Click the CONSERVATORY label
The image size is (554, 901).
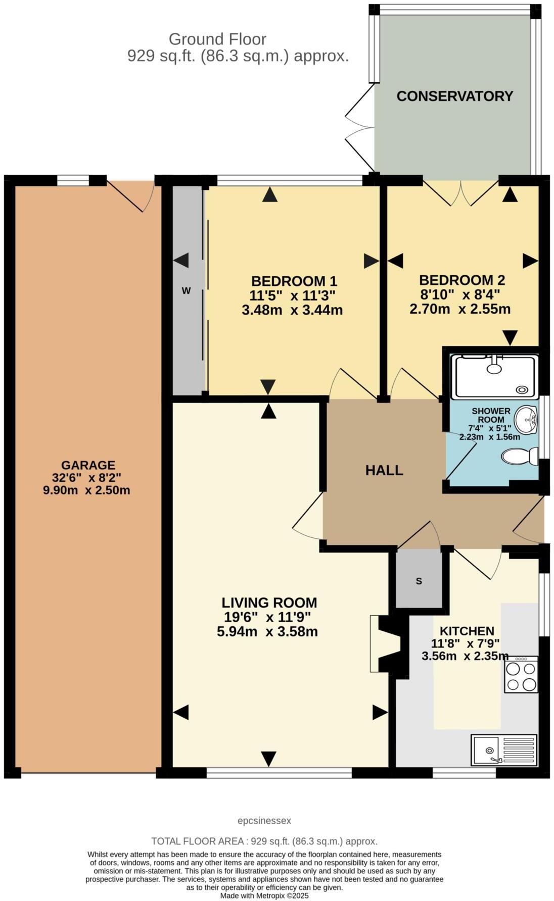(454, 96)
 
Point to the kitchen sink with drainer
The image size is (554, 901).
(504, 749)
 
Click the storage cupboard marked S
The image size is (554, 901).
(419, 581)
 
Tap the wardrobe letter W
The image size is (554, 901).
(186, 291)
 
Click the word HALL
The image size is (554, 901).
(384, 471)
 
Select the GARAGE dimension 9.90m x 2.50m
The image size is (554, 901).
(86, 490)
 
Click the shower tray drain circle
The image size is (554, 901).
(522, 389)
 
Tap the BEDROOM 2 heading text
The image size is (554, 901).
(462, 280)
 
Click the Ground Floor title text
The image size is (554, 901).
(217, 39)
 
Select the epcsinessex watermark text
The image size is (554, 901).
(264, 821)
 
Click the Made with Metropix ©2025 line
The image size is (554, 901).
(264, 896)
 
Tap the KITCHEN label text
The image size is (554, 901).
(467, 631)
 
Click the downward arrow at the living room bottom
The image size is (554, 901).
(269, 758)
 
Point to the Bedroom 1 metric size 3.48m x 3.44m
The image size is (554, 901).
(292, 310)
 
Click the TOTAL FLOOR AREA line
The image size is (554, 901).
(264, 841)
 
